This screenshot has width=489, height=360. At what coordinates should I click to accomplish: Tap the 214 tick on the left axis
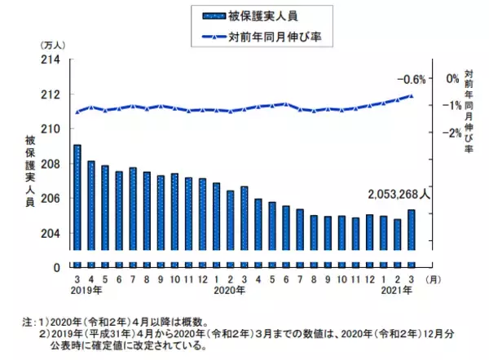(51, 59)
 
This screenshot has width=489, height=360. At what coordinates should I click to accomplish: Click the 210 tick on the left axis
(51, 130)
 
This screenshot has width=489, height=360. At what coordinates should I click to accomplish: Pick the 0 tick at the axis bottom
(57, 267)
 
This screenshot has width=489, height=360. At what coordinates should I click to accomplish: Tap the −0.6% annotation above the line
(412, 79)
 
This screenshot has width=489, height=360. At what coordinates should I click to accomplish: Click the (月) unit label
(434, 279)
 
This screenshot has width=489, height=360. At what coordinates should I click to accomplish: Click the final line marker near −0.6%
(412, 95)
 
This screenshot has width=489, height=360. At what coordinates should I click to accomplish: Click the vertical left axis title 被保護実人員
(30, 172)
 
